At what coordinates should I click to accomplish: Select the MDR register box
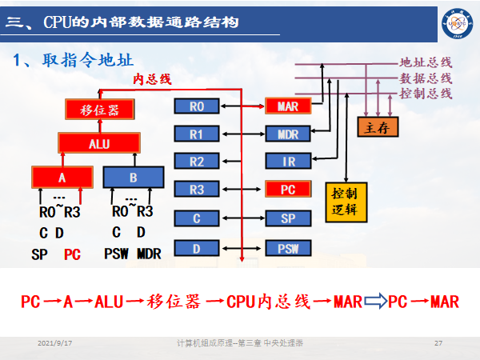(287, 134)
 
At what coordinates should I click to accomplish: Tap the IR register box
(287, 162)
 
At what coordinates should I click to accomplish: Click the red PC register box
(287, 190)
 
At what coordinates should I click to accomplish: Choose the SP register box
(287, 218)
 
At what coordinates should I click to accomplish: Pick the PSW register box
(287, 248)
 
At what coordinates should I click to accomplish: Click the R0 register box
(196, 106)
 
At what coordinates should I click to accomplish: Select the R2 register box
(196, 162)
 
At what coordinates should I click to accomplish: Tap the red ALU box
(100, 144)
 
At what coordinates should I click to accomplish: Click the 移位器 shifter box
(100, 110)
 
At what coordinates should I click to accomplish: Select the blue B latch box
(133, 177)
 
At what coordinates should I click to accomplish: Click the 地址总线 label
(426, 62)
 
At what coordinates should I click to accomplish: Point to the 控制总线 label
(426, 94)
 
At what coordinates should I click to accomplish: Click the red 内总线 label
(152, 78)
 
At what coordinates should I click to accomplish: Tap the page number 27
(438, 343)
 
